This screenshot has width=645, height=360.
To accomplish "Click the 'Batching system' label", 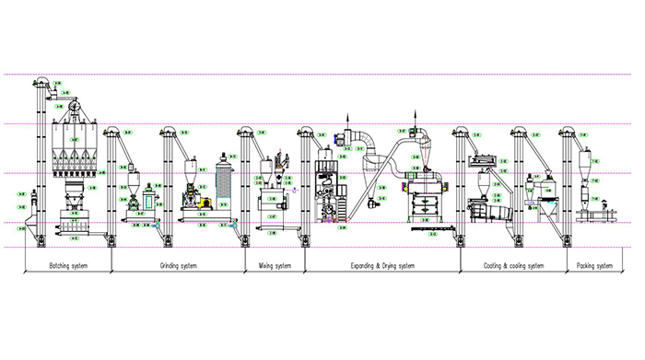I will tap(66, 266).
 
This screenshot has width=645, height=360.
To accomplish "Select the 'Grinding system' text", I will tap(177, 266).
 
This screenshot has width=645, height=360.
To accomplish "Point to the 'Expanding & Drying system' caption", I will tap(381, 266).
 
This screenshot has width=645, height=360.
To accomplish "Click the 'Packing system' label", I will tap(593, 266).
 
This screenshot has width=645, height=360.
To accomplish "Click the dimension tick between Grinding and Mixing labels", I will tap(244, 267).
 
